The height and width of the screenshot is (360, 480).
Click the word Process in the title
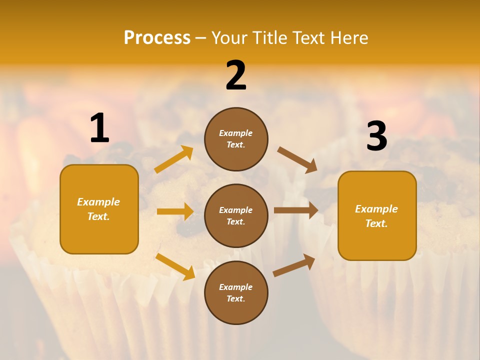coord(157,37)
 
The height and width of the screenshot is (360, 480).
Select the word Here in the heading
coord(348,37)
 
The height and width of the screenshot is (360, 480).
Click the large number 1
coord(99,128)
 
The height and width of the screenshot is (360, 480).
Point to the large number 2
coord(236,75)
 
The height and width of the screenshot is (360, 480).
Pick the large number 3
coord(376,136)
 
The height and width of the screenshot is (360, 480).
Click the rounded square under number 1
coord(99,209)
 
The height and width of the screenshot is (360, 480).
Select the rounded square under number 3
coord(377,215)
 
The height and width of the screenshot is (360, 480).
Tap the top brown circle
coord(236,139)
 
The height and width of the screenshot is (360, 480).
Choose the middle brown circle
coord(236,215)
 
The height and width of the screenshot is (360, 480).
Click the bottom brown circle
coord(236,292)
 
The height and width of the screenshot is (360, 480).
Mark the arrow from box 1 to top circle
coord(174,159)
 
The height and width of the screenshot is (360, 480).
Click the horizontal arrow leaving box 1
coord(175,211)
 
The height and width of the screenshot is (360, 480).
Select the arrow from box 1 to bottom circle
coord(175,266)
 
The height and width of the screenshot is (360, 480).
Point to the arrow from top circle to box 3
coord(297,159)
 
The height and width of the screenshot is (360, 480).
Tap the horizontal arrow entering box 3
coord(296,210)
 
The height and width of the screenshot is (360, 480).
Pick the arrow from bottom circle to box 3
coord(294,265)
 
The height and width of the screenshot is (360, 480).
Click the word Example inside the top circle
coord(236,133)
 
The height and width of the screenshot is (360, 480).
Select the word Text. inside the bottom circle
coord(236,298)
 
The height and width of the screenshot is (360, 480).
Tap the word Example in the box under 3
coord(376,209)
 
